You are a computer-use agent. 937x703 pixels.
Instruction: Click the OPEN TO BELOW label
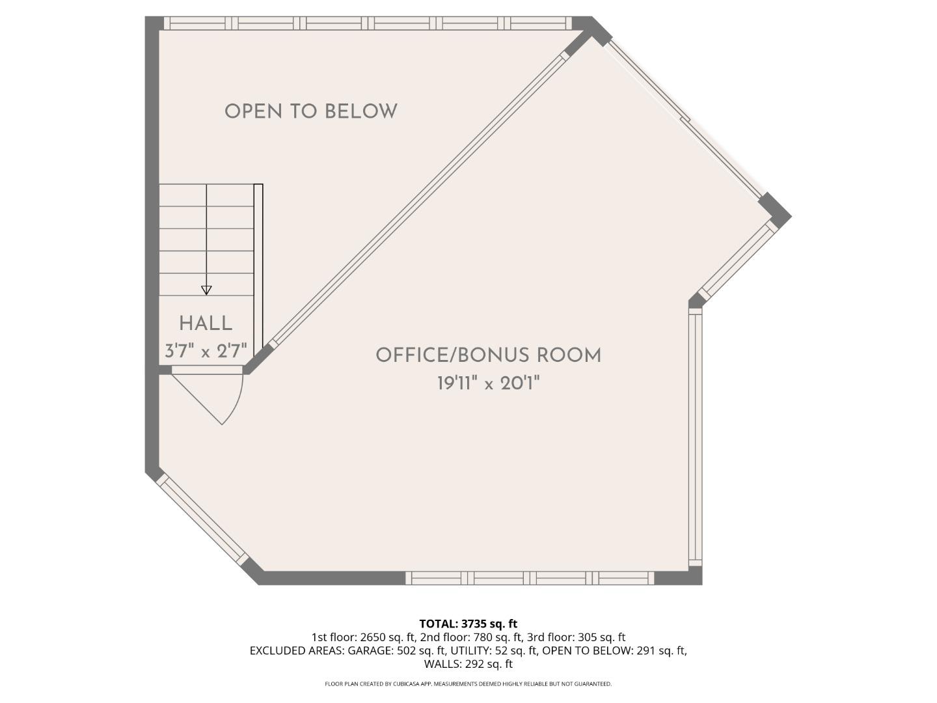coord(311,111)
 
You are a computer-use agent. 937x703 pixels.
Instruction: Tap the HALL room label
coord(206,324)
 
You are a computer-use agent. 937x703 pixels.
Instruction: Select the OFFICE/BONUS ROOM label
coord(489,355)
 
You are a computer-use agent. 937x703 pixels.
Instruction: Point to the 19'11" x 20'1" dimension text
coord(489,383)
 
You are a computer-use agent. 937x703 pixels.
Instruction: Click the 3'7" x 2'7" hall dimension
coord(206,351)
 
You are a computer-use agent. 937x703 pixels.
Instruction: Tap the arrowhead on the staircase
coord(206,290)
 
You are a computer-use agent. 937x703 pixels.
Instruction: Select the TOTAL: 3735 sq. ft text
coord(468,624)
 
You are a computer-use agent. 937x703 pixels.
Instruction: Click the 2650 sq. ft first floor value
coord(388,637)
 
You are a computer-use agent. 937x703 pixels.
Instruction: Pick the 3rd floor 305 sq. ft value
coord(601,637)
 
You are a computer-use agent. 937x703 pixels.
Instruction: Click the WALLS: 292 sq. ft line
coord(468,664)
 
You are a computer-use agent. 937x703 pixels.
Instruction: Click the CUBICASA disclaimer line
coord(468,683)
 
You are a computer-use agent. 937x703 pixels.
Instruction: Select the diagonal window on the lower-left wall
coord(202,519)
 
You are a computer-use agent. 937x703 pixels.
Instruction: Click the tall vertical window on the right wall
coord(696,437)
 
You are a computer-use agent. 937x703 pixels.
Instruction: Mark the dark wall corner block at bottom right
coord(679,575)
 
